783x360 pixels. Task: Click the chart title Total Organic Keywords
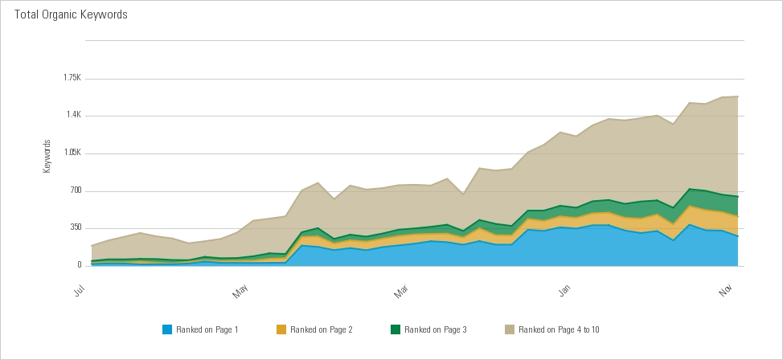[x=71, y=15]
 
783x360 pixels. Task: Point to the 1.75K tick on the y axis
[x=72, y=78]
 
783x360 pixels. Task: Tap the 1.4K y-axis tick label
[x=73, y=115]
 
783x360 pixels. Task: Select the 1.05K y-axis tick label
[x=72, y=153]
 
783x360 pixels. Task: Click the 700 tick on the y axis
[x=76, y=190]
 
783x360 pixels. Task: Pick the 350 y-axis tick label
[x=76, y=227]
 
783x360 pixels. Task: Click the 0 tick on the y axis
[x=79, y=265]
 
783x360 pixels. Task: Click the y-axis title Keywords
[x=47, y=157]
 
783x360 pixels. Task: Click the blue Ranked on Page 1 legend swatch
[x=167, y=329]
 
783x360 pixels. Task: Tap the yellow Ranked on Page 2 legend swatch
[x=281, y=329]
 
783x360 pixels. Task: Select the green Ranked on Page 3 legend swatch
[x=396, y=329]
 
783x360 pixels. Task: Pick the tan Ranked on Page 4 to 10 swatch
[x=510, y=329]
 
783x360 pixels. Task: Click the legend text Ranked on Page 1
[x=207, y=329]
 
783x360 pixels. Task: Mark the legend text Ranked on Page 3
[x=436, y=329]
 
